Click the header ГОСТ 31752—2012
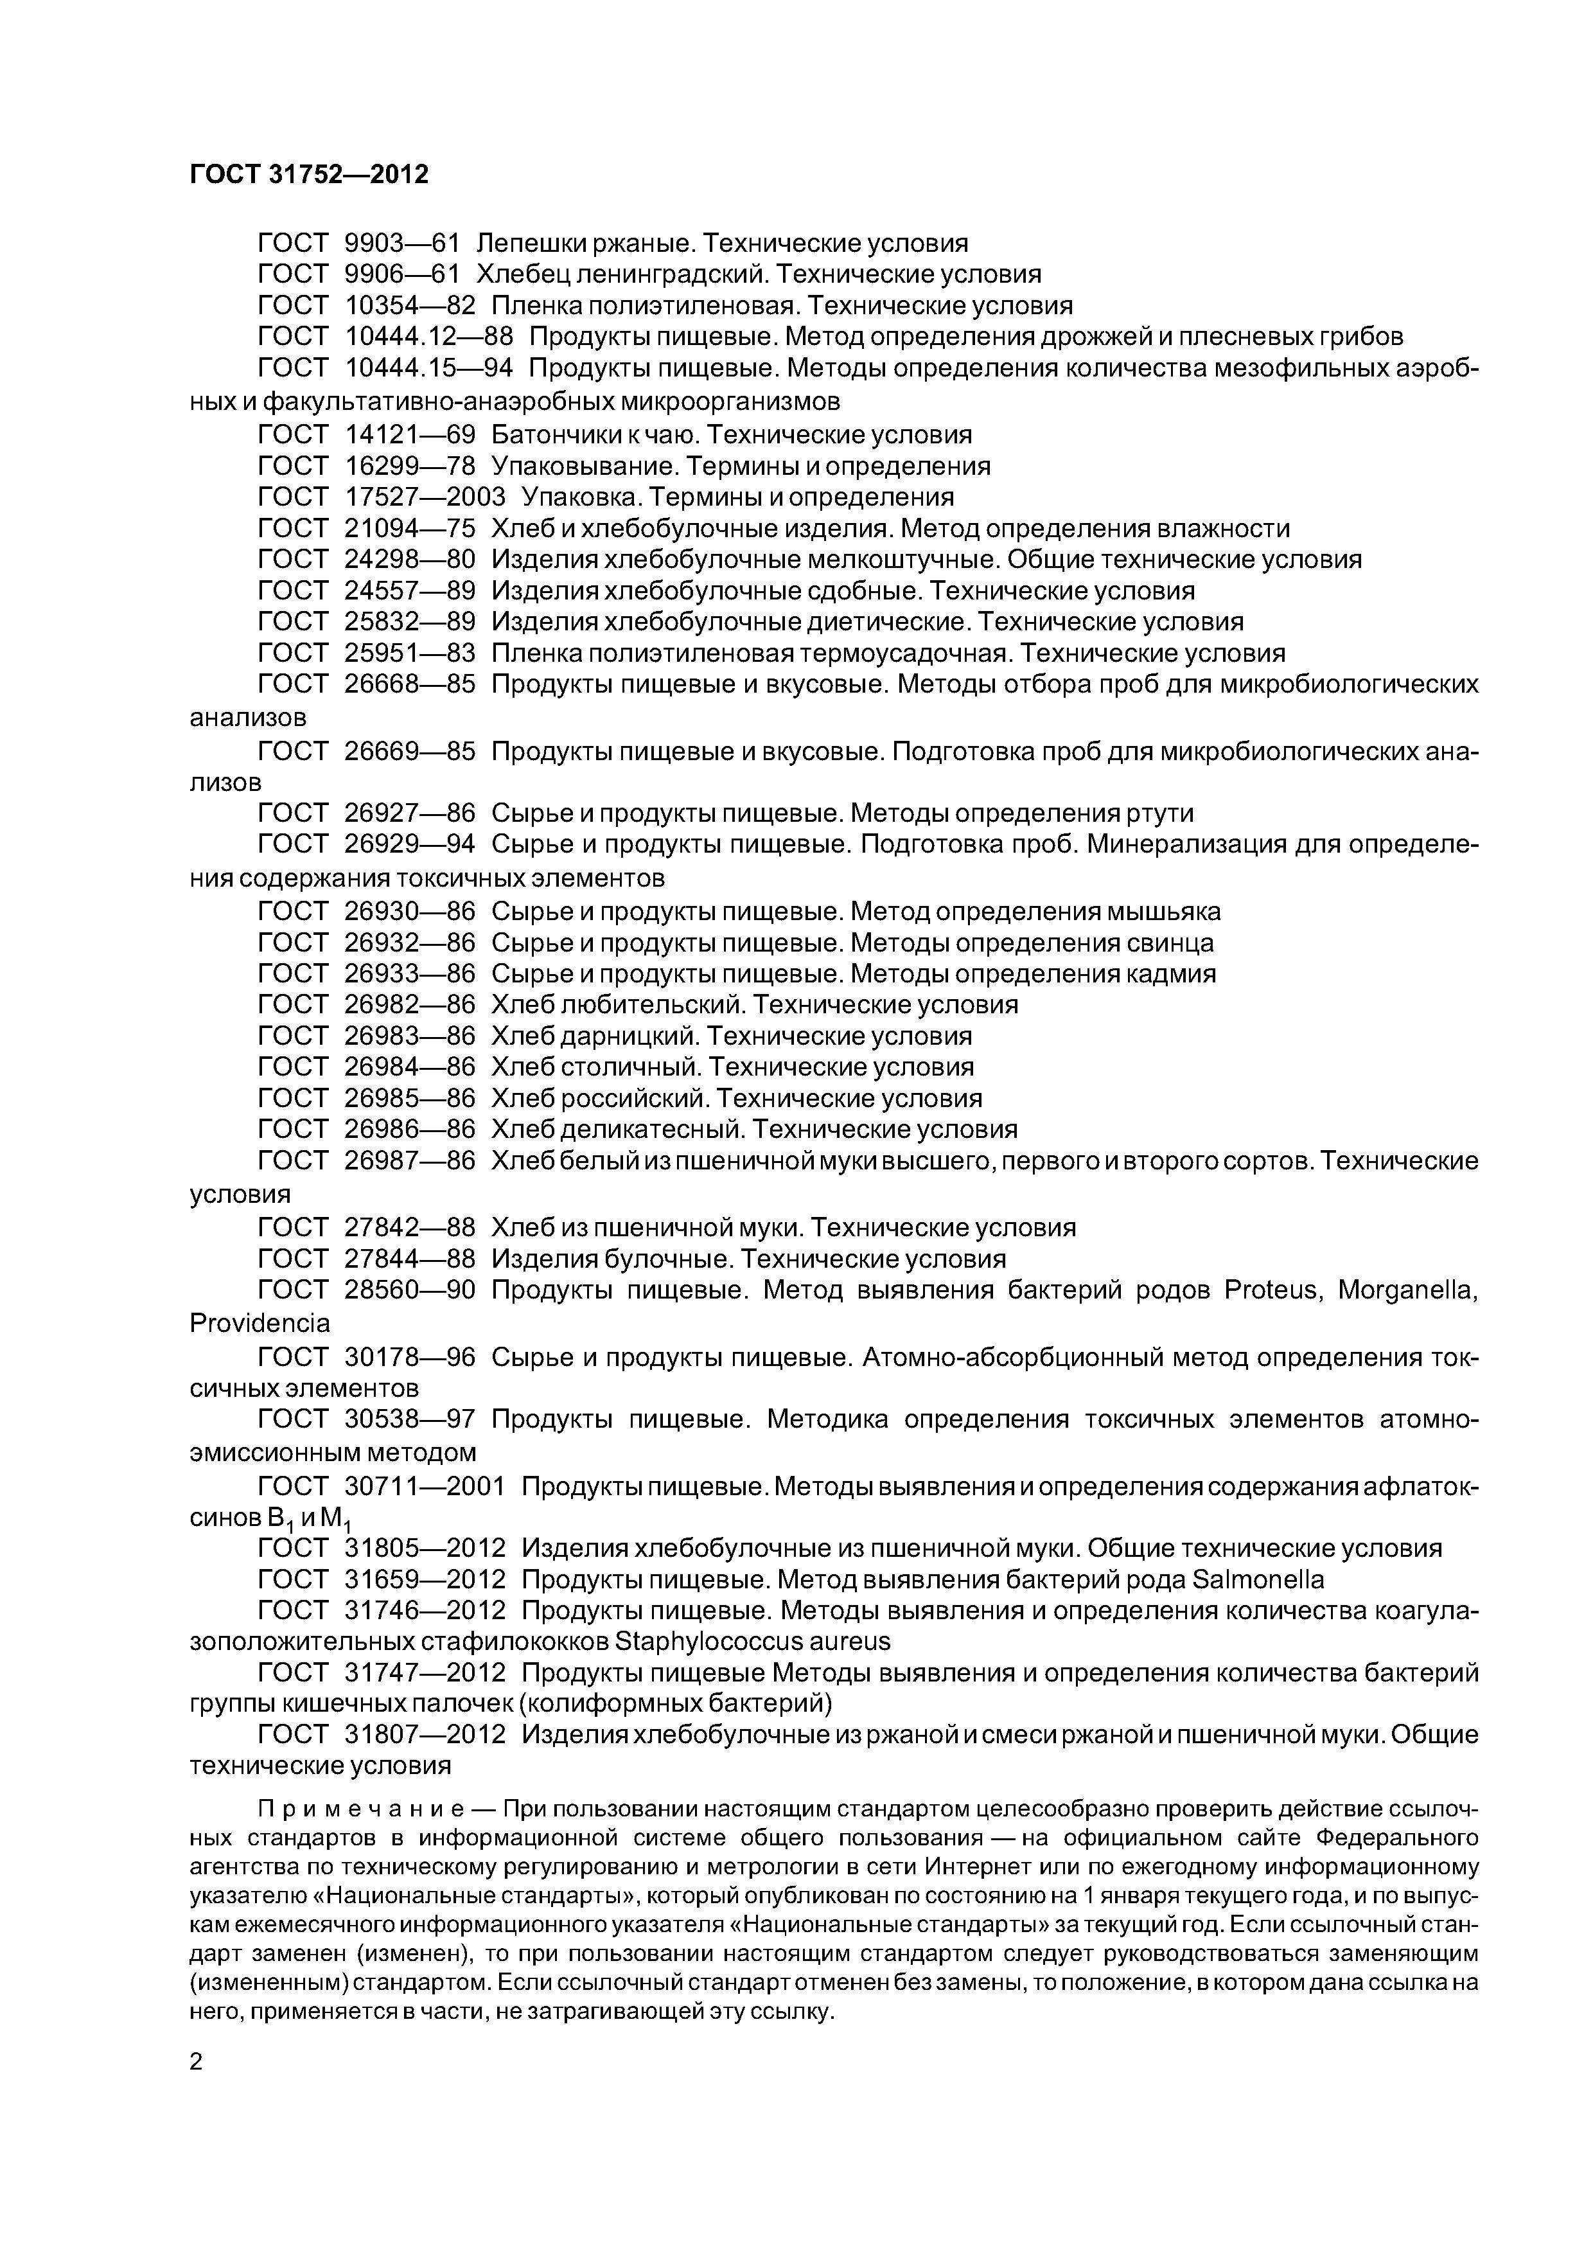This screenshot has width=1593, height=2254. point(309,175)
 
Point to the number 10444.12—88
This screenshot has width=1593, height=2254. point(429,337)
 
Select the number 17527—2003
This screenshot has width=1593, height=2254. point(425,497)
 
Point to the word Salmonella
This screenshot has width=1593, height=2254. point(1257,1579)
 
